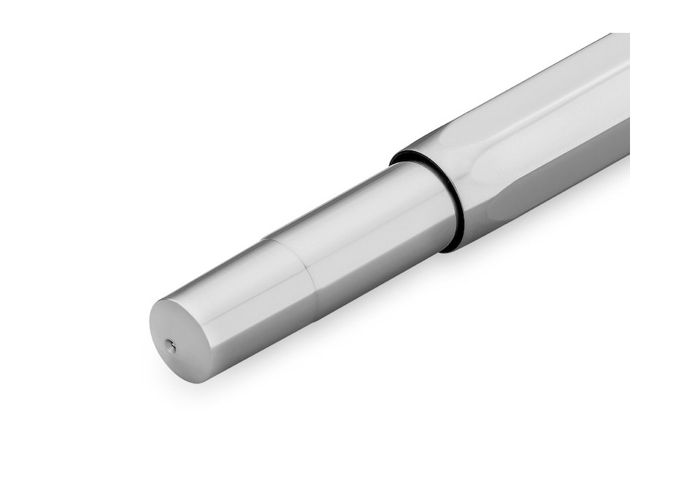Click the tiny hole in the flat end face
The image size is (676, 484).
coord(171,347)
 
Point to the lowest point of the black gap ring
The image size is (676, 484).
coord(447,248)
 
